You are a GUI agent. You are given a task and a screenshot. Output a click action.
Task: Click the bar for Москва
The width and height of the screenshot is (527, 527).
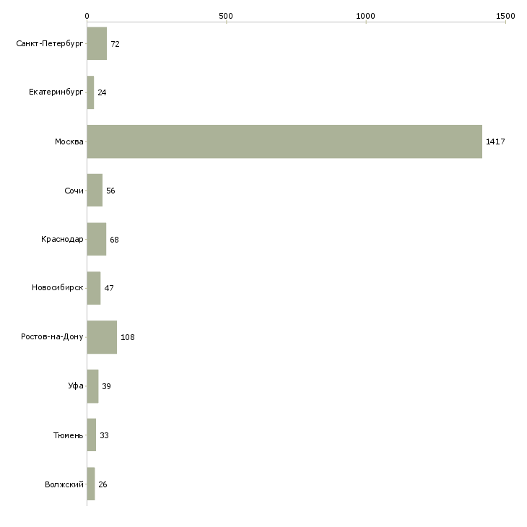pos(284,141)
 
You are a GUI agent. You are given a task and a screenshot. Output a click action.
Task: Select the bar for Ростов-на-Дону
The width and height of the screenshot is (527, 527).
pos(102,337)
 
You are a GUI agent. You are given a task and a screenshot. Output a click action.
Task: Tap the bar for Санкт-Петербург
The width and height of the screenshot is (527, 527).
pos(97,44)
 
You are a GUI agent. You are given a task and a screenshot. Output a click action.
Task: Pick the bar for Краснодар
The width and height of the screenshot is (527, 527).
pos(96,240)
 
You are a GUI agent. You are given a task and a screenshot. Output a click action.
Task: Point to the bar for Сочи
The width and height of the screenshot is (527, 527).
pos(95,191)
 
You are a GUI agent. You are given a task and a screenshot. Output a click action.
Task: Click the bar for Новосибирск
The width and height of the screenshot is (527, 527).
pos(93,288)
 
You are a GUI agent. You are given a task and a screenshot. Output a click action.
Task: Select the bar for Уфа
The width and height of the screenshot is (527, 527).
pos(92,386)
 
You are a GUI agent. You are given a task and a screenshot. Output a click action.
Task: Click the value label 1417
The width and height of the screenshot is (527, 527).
pos(495,141)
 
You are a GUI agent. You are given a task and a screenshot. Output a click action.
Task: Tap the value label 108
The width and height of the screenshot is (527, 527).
pos(128,337)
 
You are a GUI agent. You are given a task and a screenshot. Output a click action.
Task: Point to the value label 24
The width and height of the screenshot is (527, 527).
pos(102,93)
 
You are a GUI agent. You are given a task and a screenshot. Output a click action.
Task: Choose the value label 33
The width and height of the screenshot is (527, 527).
pos(104,435)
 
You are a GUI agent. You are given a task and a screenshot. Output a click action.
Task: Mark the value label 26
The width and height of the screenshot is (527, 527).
pos(103,484)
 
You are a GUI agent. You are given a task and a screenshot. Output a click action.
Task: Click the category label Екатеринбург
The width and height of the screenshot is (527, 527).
pos(56,93)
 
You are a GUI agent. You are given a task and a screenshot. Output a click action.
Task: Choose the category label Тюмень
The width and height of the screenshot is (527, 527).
pos(69,435)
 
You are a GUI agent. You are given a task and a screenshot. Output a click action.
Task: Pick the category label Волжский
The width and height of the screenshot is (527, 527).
pos(64,484)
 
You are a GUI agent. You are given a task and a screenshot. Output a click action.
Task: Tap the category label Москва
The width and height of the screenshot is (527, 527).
pos(69,141)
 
